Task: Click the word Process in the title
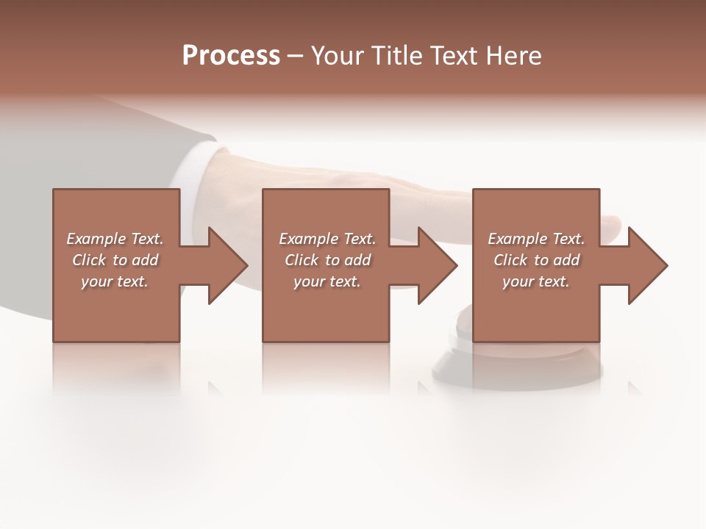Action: click(231, 56)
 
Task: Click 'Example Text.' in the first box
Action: click(115, 239)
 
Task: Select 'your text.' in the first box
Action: click(115, 281)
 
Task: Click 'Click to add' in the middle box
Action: click(327, 260)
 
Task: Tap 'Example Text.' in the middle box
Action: click(327, 239)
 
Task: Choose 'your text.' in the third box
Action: click(536, 281)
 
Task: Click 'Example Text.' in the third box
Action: click(536, 239)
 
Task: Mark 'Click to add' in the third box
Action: click(536, 260)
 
